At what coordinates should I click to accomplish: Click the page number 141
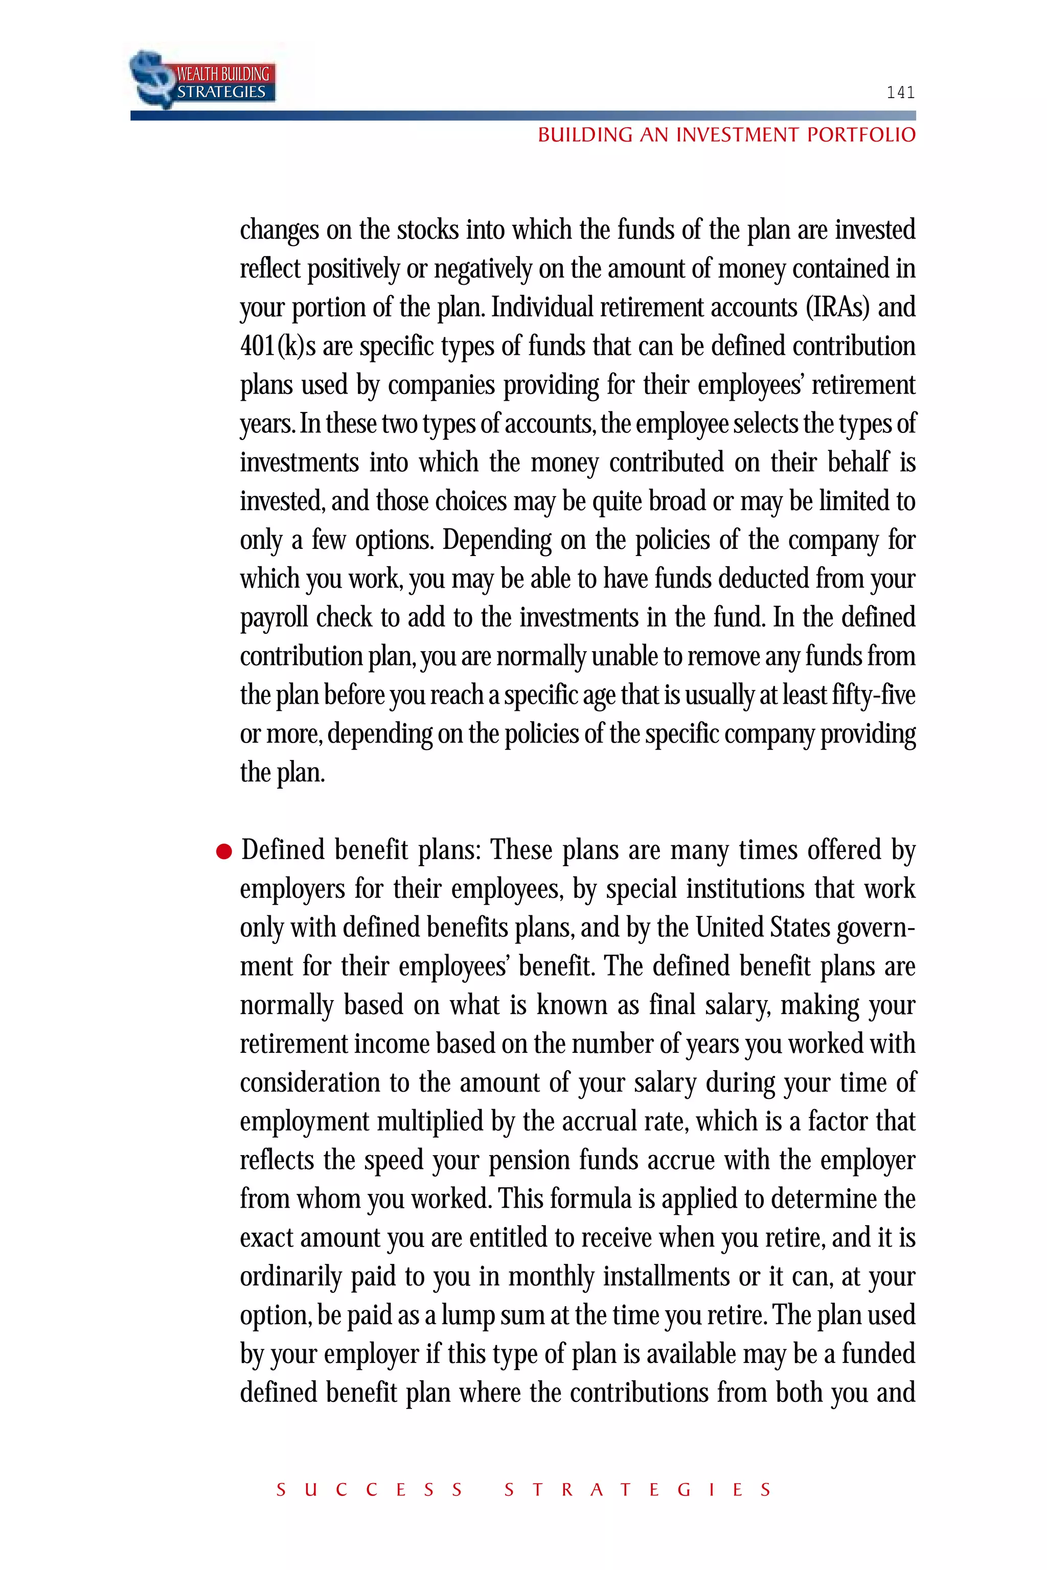[900, 92]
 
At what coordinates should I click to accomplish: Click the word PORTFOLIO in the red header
[861, 135]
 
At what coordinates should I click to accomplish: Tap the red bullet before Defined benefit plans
[224, 852]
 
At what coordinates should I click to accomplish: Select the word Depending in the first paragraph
[497, 540]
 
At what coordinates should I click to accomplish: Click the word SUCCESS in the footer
[369, 1489]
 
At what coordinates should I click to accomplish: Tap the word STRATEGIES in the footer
[638, 1489]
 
